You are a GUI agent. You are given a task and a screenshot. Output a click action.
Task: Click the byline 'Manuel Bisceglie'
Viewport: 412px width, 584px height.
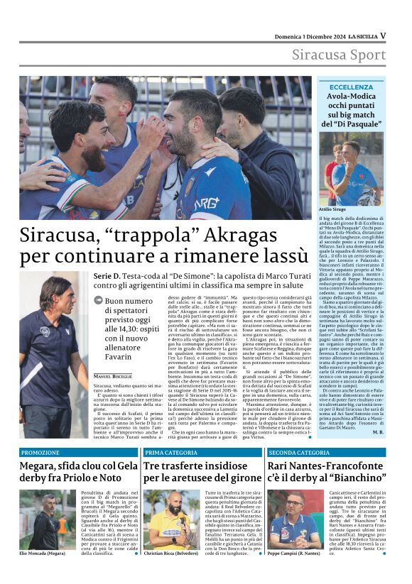click(x=113, y=375)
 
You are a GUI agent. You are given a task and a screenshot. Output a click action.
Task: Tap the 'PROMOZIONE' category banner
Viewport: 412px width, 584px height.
click(x=40, y=452)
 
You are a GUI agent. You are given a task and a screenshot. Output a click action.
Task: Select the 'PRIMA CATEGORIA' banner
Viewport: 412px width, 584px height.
click(x=171, y=452)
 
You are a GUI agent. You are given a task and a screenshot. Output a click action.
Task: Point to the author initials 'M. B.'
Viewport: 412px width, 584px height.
click(x=377, y=431)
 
